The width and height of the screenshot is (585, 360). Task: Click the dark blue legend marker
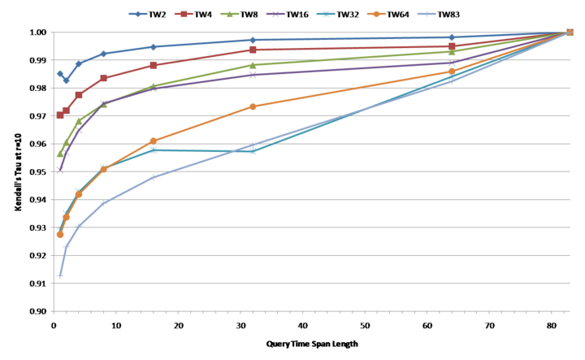pos(138,14)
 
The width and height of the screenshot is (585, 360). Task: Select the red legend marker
pos(184,14)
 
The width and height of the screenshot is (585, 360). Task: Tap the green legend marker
pos(229,14)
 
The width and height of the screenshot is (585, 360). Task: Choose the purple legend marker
pos(275,14)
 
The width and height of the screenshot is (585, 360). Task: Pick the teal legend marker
pos(327,14)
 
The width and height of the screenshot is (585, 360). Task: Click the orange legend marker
pos(376,14)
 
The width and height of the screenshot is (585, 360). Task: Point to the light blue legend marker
pos(427,14)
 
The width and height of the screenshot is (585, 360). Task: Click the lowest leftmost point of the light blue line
pos(60,276)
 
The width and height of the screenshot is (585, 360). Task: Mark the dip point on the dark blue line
pos(66,80)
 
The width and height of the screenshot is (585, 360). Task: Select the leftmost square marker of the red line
pos(60,115)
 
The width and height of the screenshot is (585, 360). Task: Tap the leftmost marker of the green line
pos(60,154)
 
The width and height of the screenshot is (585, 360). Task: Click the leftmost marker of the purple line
pos(60,171)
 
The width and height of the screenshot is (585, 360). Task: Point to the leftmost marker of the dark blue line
pos(60,73)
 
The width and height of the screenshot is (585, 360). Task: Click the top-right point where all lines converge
pos(569,33)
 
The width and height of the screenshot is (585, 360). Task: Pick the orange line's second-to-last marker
pos(452,72)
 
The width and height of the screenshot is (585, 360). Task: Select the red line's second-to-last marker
pos(452,46)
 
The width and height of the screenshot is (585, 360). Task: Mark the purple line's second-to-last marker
pos(452,63)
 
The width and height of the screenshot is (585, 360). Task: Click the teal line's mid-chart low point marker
pos(253,151)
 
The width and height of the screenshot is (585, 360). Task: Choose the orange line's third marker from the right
pos(253,106)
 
